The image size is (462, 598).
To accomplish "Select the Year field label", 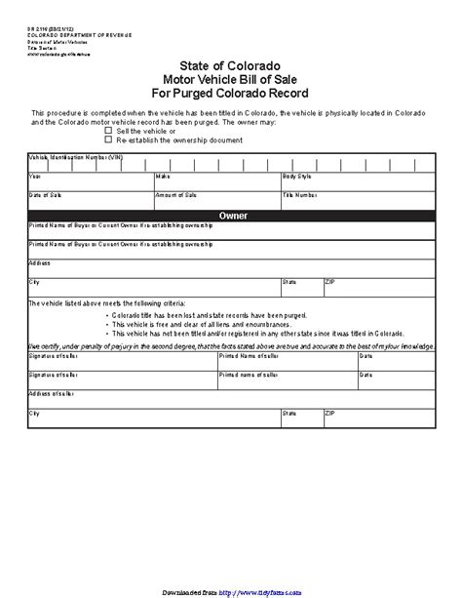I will [35, 177].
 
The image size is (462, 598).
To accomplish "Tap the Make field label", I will [162, 177].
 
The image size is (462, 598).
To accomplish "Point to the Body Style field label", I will [296, 177].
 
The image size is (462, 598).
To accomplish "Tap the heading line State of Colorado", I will [232, 65].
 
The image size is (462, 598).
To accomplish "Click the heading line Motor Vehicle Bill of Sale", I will [232, 79].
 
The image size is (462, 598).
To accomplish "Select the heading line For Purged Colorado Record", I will [232, 93].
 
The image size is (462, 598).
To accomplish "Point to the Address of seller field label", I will [48, 393].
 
